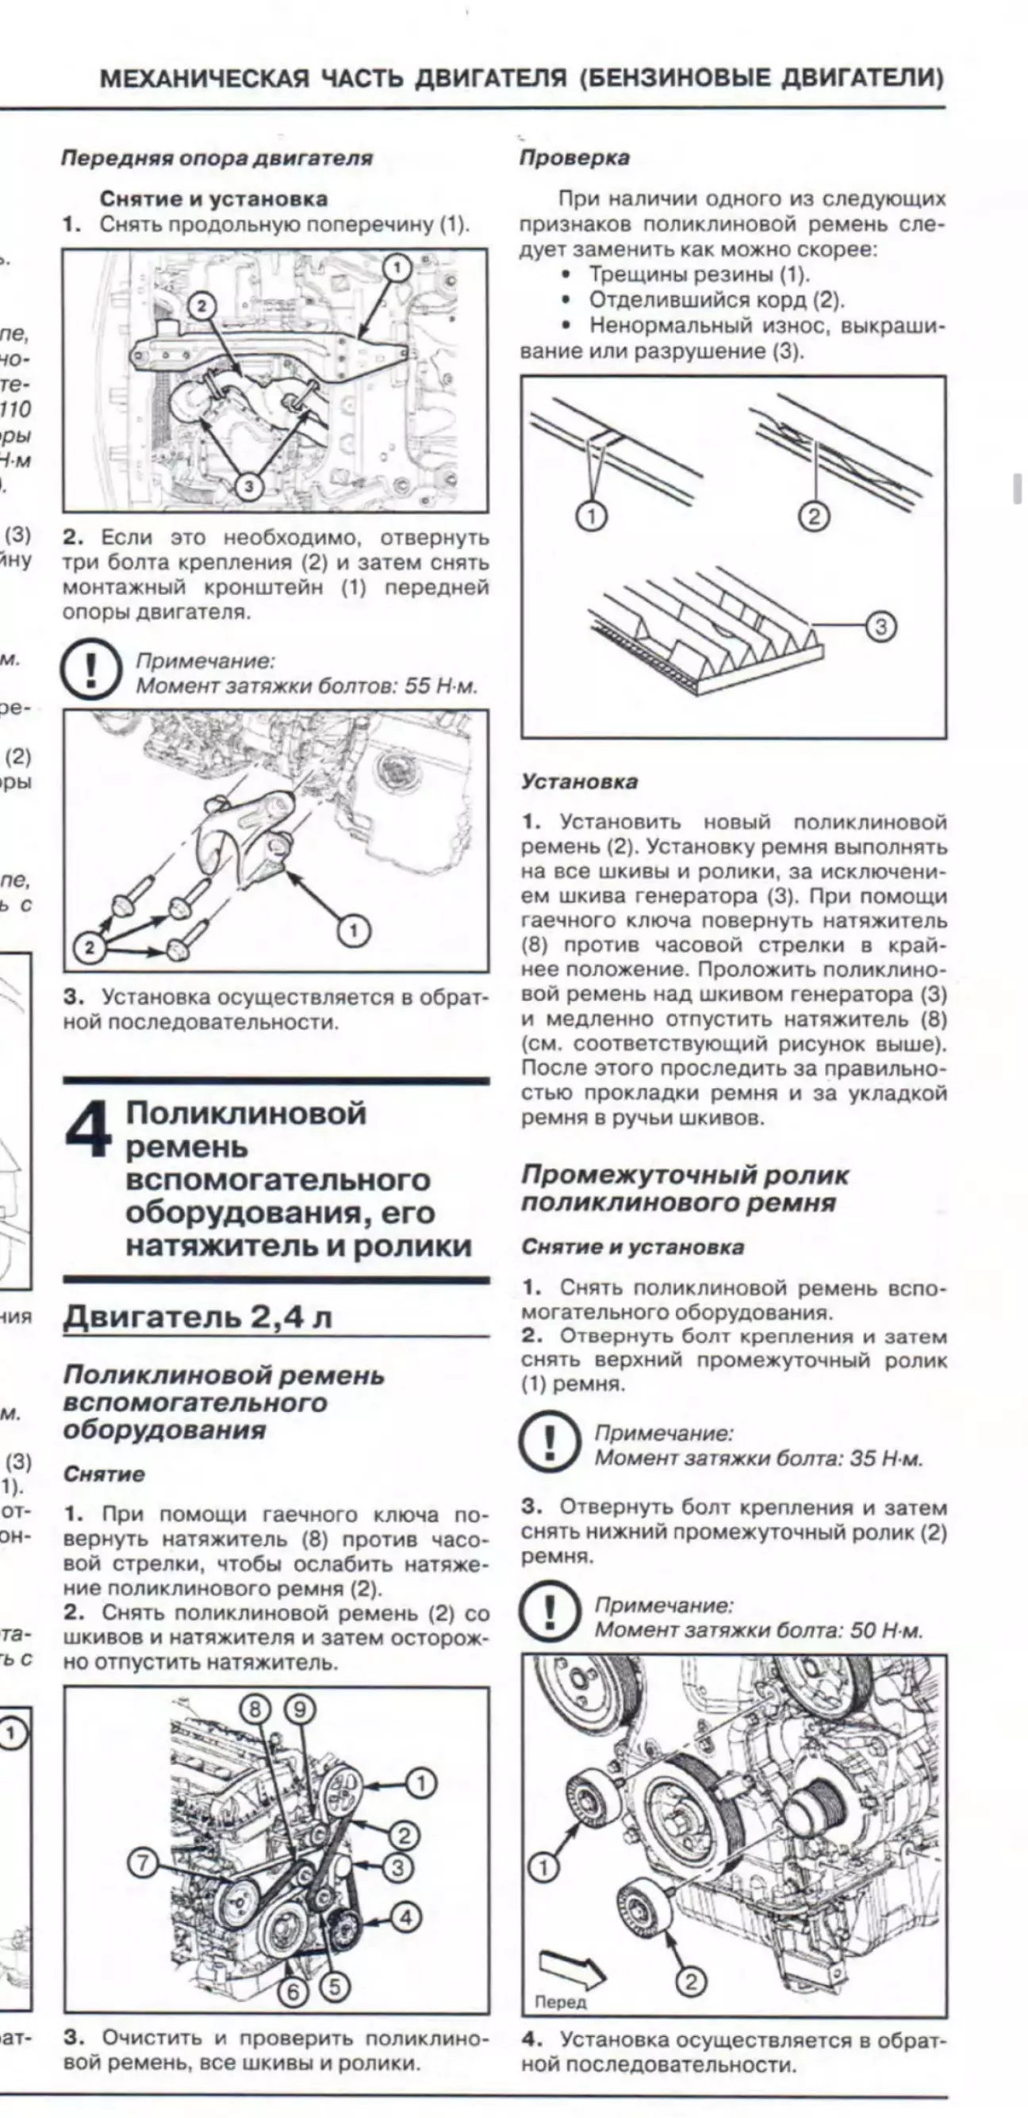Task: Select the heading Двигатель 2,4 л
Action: click(198, 1316)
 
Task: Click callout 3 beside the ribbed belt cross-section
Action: click(880, 627)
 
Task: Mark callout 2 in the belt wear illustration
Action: click(813, 516)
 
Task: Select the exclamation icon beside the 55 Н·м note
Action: click(90, 670)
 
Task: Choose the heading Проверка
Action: click(574, 157)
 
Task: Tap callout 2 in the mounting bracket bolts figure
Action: click(90, 947)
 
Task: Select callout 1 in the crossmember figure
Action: click(397, 268)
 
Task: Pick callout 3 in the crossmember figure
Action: click(247, 486)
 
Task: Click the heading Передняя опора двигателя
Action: click(217, 157)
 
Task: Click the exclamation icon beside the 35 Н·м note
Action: click(550, 1445)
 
